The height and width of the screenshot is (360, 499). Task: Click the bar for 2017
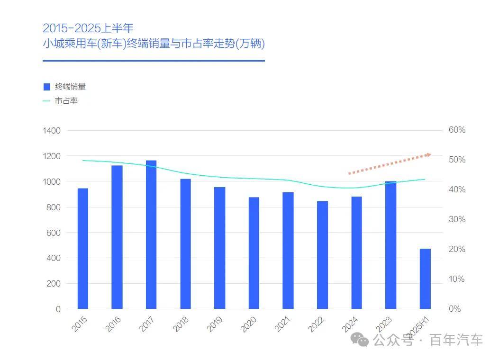(151, 234)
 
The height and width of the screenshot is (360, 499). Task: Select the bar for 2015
(83, 248)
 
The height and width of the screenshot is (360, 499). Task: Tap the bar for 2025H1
(425, 279)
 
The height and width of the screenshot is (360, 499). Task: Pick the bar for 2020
(254, 253)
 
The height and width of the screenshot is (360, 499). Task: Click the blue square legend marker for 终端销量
(46, 87)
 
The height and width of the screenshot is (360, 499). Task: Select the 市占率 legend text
(66, 101)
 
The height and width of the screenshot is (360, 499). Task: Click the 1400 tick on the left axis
(52, 130)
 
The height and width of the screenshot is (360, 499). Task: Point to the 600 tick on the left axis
(54, 233)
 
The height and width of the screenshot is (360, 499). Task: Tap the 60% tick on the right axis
(457, 130)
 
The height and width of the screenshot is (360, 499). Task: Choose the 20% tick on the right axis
(457, 249)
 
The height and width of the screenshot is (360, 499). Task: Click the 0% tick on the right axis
(455, 309)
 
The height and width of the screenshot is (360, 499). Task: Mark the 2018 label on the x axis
(181, 324)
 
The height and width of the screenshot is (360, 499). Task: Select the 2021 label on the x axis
(283, 324)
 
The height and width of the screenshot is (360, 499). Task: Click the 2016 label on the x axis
(113, 324)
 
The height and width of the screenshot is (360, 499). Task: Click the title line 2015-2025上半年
(88, 27)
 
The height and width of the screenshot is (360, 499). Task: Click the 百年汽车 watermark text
(456, 340)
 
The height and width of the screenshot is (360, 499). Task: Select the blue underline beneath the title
(154, 61)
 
